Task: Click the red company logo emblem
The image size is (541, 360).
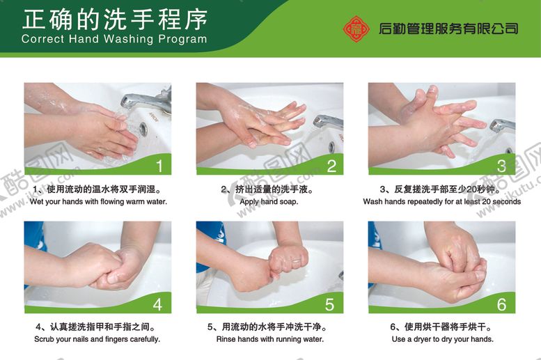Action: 356,29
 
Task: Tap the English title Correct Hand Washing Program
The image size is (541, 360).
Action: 114,39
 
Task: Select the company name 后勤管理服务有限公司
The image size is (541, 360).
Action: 448,29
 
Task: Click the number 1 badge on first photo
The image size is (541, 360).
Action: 159,166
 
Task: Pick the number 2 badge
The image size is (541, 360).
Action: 331,166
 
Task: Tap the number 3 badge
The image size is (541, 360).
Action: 502,166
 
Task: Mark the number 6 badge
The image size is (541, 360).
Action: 502,304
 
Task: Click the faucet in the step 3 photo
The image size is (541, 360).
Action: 501,125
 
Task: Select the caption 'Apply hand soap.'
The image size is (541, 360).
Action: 269,202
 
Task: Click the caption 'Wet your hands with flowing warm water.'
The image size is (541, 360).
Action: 98,202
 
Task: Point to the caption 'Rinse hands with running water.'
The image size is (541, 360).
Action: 269,340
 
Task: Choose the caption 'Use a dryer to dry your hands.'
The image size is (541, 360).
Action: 442,340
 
